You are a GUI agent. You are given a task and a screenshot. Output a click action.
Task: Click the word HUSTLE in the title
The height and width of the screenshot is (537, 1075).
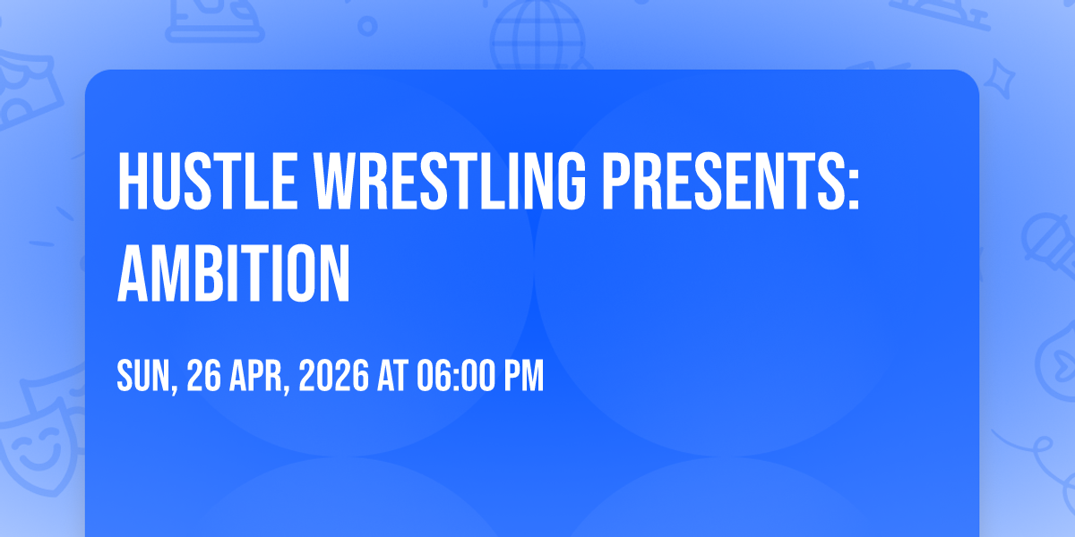207,181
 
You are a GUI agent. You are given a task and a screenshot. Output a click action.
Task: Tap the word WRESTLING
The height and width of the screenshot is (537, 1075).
450,181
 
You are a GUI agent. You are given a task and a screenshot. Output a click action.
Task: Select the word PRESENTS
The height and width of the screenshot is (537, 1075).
722,181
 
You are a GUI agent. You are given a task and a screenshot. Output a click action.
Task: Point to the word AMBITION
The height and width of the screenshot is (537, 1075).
234,273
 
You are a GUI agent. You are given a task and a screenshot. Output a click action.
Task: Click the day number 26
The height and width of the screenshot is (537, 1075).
204,375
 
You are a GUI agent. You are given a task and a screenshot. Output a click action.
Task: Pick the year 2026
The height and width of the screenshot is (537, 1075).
333,375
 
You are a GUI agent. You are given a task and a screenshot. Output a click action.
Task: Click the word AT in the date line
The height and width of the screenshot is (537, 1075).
392,375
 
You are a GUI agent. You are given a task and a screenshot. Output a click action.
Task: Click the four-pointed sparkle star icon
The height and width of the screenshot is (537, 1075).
1000,79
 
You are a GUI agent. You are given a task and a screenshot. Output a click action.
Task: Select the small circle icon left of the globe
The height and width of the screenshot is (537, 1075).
367,26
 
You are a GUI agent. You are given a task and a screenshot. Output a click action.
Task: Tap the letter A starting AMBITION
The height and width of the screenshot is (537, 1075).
133,273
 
